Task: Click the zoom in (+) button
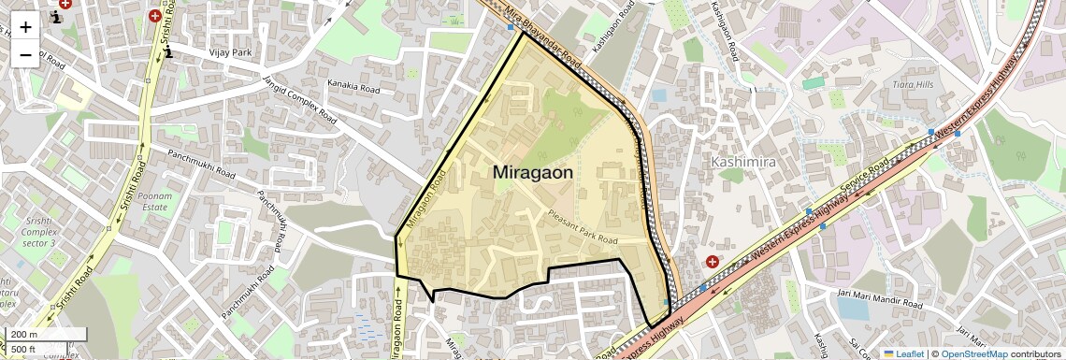pos(25,27)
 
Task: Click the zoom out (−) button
pos(25,55)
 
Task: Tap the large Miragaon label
pos(532,172)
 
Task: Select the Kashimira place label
pos(745,162)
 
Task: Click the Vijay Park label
pos(230,52)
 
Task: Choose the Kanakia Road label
pos(353,86)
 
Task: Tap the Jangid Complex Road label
pos(299,99)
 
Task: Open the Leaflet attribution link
pos(902,353)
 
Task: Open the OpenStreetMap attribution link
pos(974,353)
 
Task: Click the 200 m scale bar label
pos(25,335)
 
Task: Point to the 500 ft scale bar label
pos(24,349)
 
